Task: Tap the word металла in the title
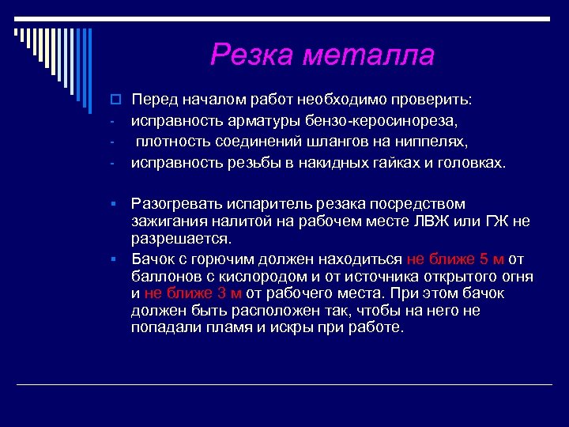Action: pyautogui.click(x=369, y=55)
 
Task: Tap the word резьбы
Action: pyautogui.click(x=241, y=163)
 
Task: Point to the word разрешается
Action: pyautogui.click(x=181, y=239)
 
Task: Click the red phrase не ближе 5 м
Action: pyautogui.click(x=455, y=259)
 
